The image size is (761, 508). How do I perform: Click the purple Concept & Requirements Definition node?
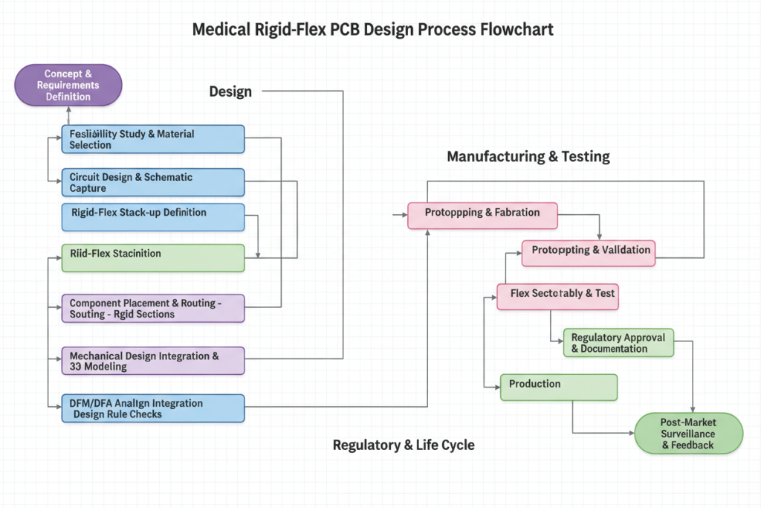(x=68, y=85)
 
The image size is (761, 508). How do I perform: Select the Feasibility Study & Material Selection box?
(x=152, y=139)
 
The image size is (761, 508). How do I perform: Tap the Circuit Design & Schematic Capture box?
(x=152, y=182)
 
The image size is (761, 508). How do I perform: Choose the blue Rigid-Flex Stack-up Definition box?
(x=152, y=216)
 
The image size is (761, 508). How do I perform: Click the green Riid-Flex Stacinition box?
(x=152, y=257)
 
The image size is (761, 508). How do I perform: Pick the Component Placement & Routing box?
(x=152, y=308)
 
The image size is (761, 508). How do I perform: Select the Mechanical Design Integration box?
(x=152, y=361)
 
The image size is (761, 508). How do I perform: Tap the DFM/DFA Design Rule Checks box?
(x=152, y=408)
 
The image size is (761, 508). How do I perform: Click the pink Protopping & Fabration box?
(x=482, y=215)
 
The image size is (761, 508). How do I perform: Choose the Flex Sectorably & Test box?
(x=557, y=296)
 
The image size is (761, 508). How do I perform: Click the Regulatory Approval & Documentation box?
(x=618, y=344)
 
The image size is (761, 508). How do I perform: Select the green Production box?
(x=558, y=387)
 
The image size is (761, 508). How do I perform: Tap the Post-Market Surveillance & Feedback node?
(x=688, y=433)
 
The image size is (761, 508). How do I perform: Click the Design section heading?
(x=230, y=91)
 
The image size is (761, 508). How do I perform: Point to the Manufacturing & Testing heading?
(x=528, y=156)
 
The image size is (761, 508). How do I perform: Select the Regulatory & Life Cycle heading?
(x=404, y=445)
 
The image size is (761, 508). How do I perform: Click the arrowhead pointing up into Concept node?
(x=68, y=109)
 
